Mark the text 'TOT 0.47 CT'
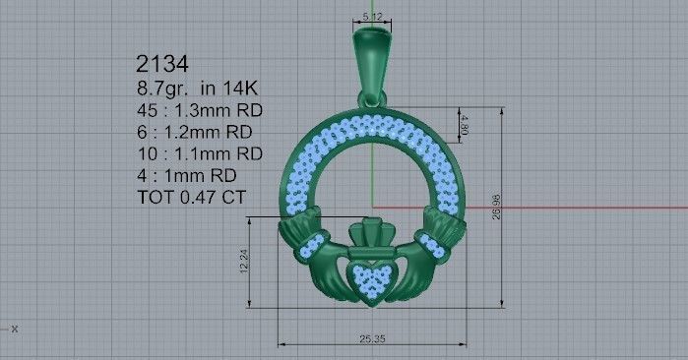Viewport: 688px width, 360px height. point(192,197)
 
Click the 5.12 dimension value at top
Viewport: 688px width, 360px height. point(372,17)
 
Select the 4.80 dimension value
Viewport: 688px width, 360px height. point(464,125)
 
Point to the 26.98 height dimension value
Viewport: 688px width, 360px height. point(509,208)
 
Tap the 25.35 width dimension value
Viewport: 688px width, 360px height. point(373,339)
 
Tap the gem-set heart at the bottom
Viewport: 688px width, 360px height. point(372,278)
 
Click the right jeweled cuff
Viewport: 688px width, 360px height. point(431,245)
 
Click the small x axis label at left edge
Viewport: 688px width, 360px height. point(14,330)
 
